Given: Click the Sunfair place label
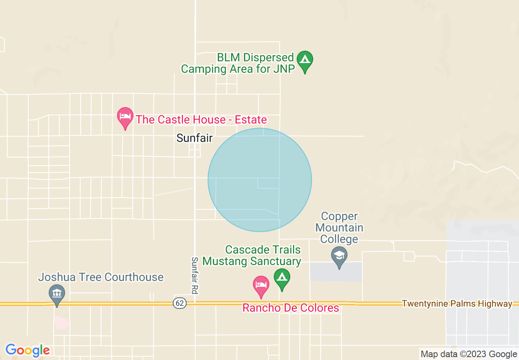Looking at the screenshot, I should point(194,138).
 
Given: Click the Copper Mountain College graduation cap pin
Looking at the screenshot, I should point(339,256).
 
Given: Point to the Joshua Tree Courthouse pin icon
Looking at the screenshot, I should point(57,294).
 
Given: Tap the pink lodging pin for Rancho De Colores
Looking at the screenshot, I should point(261,286).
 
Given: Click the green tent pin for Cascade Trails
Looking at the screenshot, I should point(282,278).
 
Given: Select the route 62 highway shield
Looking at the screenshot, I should point(179,304).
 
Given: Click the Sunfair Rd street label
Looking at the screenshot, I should point(195,275).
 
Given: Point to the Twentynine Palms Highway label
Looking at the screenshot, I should point(457,304).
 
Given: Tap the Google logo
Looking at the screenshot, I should point(27,351).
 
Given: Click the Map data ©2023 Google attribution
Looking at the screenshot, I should point(469,354).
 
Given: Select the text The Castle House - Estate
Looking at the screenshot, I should point(201,119).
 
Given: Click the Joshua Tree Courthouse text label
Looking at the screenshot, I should point(101,277).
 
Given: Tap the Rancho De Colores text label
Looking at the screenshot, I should point(291,308).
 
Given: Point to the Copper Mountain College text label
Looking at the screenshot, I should point(339,227).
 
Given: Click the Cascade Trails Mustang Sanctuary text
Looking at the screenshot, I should point(252,255).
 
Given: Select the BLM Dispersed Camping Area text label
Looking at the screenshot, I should point(238,63).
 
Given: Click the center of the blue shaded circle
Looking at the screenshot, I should point(260,180).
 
